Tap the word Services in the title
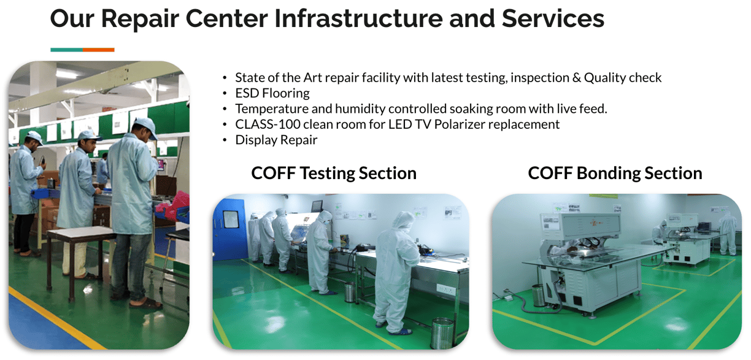tap(553, 18)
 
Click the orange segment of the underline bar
tap(99, 50)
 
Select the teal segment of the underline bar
tap(67, 50)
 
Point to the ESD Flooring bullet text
tap(272, 93)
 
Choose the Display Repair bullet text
tap(276, 140)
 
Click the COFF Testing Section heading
tap(334, 174)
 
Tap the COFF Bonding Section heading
tap(615, 174)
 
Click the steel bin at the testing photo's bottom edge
tap(442, 334)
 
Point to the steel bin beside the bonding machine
tap(539, 295)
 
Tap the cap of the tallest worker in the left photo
tap(146, 126)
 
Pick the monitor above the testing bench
tap(317, 205)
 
